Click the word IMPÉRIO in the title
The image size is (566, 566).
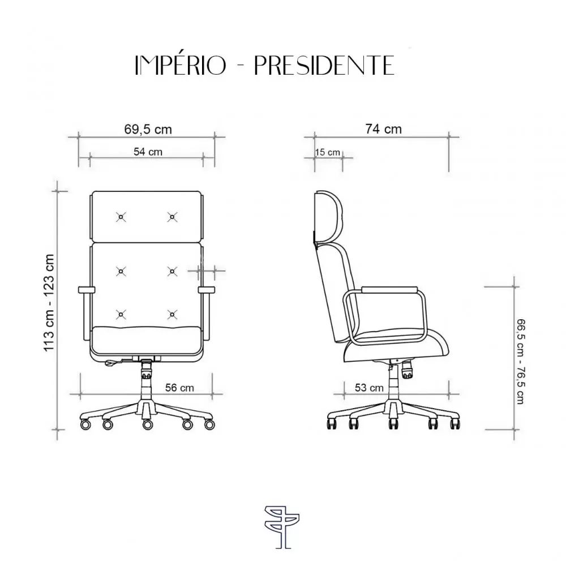[x=180, y=65]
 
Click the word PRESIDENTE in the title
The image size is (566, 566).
[x=324, y=65]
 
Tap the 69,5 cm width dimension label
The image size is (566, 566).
[x=148, y=129]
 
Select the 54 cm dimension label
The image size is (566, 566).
[x=148, y=152]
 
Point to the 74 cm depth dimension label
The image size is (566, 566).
[x=383, y=129]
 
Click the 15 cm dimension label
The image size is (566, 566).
[x=327, y=152]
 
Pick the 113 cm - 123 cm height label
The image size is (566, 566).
[x=49, y=302]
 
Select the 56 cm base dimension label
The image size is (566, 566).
[x=179, y=388]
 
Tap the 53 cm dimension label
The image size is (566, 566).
[x=369, y=388]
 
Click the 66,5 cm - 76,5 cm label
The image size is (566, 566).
[x=520, y=361]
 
